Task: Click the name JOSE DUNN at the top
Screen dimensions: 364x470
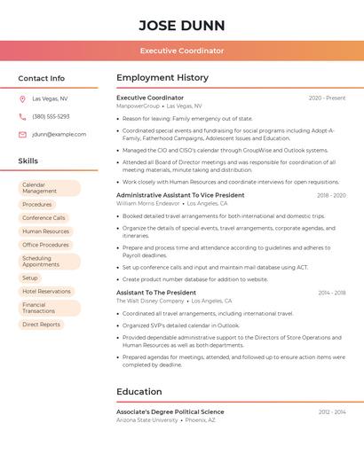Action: point(182,25)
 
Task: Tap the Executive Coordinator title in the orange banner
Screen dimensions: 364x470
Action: point(182,51)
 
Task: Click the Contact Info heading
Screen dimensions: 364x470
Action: point(42,78)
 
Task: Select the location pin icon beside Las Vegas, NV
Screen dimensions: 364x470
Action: point(22,99)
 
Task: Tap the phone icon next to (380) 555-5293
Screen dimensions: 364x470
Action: point(22,117)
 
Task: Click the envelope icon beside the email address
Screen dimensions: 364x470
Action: point(22,135)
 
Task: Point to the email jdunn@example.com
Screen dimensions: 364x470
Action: point(59,135)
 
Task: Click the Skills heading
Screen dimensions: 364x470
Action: point(28,161)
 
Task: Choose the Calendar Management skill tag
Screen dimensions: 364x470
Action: point(49,188)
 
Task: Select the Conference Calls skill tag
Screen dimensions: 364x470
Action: point(44,218)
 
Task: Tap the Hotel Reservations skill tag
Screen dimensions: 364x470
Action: point(46,292)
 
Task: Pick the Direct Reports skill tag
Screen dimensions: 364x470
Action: point(42,325)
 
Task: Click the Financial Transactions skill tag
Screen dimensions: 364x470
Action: point(49,308)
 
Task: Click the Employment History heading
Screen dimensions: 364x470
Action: point(162,78)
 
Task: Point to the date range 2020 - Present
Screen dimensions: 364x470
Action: point(327,98)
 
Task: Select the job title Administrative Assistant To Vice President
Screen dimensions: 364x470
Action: point(180,195)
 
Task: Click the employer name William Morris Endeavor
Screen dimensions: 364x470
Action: point(148,203)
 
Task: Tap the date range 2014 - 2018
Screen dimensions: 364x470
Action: point(332,293)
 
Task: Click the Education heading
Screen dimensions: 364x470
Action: point(138,391)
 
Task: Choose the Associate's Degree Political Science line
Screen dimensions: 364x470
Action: point(170,411)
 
